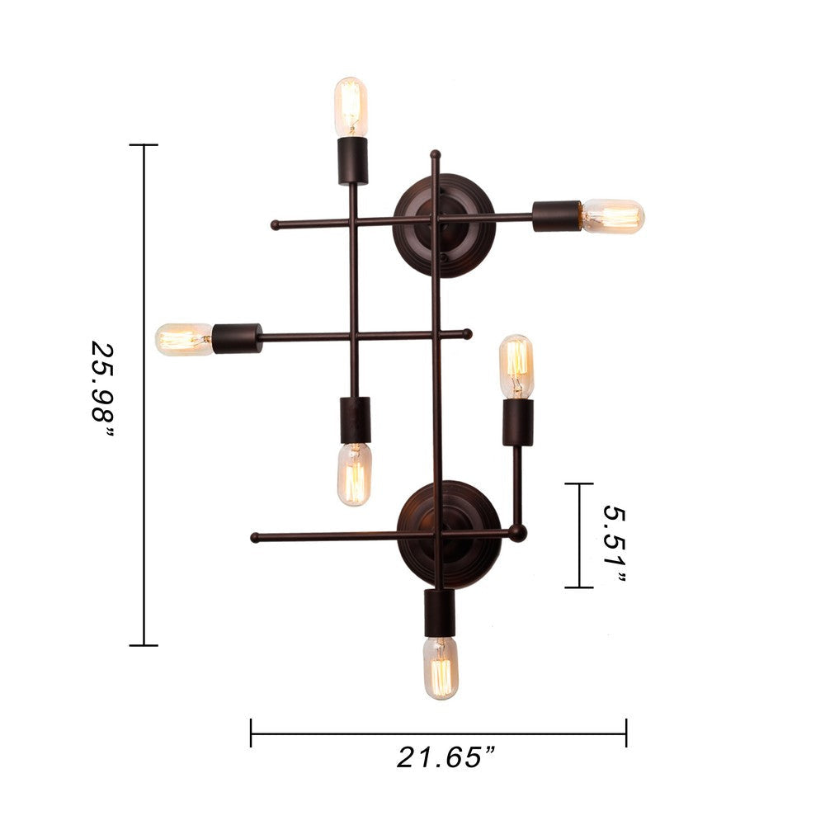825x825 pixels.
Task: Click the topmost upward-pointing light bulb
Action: (x=351, y=106)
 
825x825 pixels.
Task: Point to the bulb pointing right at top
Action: (x=611, y=216)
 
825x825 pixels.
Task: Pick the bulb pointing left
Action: (x=184, y=339)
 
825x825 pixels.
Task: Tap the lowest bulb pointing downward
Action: (x=441, y=667)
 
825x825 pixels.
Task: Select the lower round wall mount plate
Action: (x=449, y=535)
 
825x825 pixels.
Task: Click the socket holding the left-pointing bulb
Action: (x=237, y=338)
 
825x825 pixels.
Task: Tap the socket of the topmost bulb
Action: (x=352, y=161)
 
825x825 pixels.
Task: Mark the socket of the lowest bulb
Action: (x=440, y=612)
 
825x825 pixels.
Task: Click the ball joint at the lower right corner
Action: (x=518, y=534)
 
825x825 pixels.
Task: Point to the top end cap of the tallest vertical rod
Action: (x=435, y=154)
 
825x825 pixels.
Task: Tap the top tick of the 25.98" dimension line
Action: (x=144, y=145)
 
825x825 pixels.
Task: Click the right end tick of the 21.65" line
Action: (x=626, y=733)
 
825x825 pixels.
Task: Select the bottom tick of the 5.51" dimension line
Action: (x=579, y=587)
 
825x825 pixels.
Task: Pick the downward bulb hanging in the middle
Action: (x=354, y=474)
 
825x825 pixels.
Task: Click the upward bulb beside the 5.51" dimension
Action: (x=516, y=365)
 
